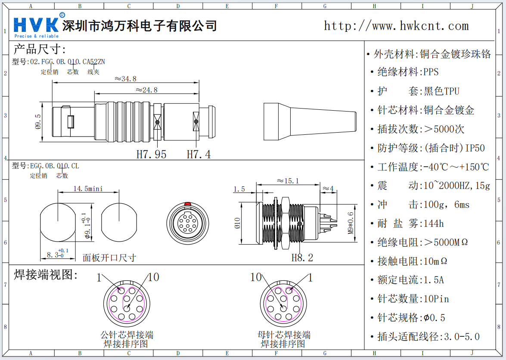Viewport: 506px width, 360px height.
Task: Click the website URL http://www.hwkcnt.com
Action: tap(396, 26)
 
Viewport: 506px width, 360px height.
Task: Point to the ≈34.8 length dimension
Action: tap(125, 79)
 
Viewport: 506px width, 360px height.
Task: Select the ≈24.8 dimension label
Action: tap(146, 90)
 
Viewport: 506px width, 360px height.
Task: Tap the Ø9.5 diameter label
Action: tap(38, 122)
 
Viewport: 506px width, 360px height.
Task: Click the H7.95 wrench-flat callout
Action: tap(151, 154)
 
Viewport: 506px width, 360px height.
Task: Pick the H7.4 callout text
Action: tap(199, 154)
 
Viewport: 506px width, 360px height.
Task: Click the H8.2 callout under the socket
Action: tap(302, 258)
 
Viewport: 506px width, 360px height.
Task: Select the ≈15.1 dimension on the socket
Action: tap(288, 181)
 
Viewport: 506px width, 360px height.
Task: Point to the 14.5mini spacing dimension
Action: tap(88, 189)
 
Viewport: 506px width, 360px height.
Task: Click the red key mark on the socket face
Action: tap(187, 203)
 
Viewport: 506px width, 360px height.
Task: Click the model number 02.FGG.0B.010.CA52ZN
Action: tap(67, 62)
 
